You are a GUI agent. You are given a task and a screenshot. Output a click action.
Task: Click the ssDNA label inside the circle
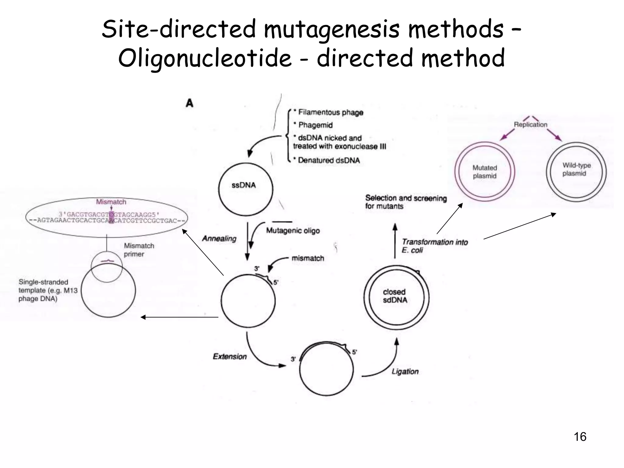tap(243, 185)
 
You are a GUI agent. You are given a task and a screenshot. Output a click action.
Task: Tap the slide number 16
tap(580, 437)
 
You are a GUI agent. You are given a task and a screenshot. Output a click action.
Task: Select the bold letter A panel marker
tap(190, 103)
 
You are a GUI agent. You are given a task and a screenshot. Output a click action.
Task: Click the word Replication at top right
tap(530, 124)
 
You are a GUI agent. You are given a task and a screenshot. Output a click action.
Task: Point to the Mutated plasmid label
tap(484, 172)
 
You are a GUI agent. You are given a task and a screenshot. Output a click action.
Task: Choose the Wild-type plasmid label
tap(576, 169)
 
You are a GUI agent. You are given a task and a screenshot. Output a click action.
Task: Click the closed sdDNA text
tap(395, 296)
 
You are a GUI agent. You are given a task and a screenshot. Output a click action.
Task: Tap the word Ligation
tap(405, 371)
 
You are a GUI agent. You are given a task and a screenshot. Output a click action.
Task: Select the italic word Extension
tap(229, 356)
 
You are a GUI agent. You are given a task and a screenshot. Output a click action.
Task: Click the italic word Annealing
tap(219, 238)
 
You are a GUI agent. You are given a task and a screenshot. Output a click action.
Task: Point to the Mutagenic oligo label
tap(293, 231)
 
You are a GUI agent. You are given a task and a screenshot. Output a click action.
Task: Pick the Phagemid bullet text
tap(315, 125)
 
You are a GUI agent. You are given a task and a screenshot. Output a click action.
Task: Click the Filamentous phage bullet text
tap(331, 112)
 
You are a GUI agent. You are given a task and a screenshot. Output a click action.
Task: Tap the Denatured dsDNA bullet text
tap(328, 160)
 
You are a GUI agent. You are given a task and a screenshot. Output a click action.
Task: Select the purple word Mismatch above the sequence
tap(111, 202)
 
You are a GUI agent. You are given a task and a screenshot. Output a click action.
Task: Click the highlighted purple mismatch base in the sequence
tap(111, 217)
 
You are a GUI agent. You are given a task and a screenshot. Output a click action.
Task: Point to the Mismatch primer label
tap(139, 250)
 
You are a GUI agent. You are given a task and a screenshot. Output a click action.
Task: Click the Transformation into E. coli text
tap(434, 246)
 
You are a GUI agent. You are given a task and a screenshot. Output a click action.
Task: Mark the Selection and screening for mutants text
tap(406, 202)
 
